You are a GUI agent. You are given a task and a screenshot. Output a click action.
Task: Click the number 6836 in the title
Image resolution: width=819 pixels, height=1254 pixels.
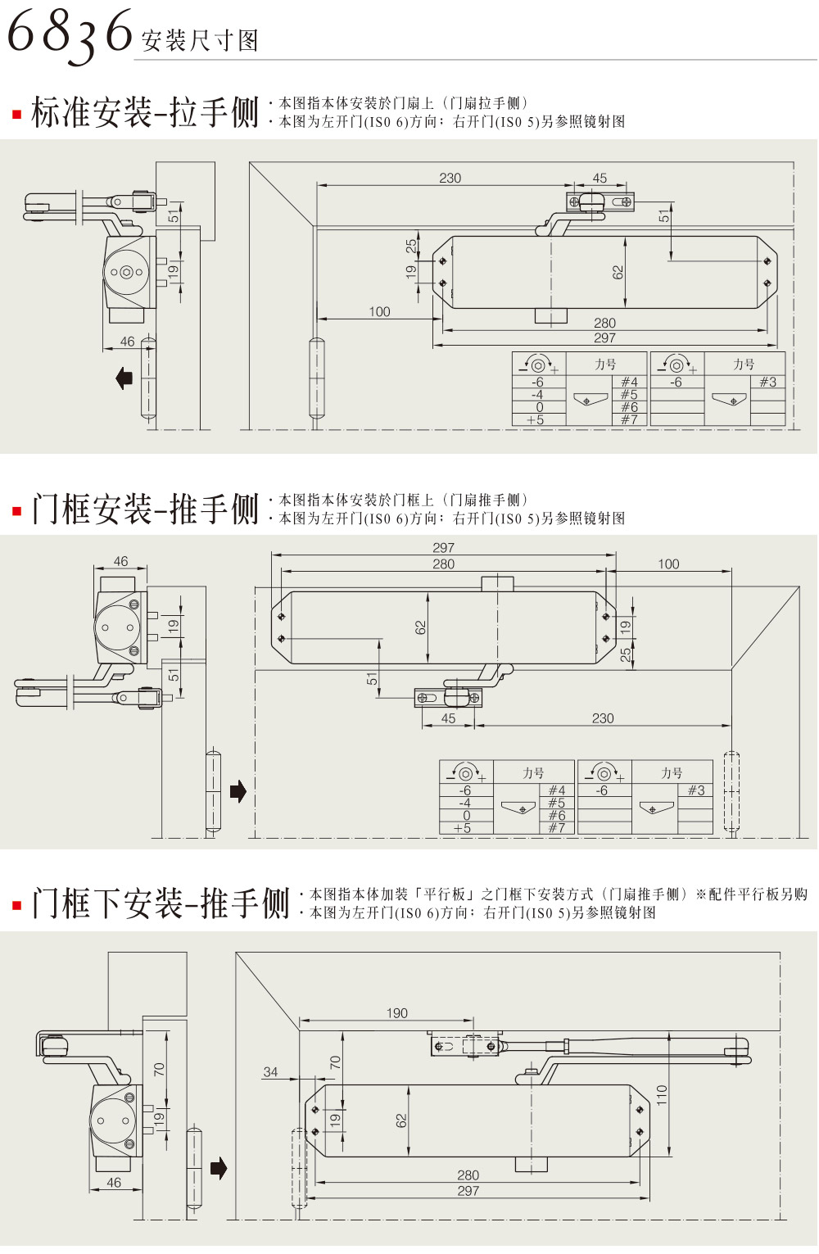point(70,33)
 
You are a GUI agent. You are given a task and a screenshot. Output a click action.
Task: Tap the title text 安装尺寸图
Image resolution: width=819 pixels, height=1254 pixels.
point(200,40)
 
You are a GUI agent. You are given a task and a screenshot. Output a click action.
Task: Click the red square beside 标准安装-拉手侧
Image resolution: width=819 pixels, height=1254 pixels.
point(16,115)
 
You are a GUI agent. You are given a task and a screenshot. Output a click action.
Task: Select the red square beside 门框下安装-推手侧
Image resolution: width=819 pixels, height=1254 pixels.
point(16,905)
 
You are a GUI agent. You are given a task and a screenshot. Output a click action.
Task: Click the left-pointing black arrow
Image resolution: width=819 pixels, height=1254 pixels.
point(124,378)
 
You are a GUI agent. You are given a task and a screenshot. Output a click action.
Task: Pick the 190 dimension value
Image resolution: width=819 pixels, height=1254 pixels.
point(397,1013)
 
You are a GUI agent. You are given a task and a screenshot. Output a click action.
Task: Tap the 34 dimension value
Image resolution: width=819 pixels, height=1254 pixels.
point(270,1071)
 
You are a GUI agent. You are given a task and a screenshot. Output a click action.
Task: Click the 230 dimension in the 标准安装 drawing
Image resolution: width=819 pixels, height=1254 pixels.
point(450,178)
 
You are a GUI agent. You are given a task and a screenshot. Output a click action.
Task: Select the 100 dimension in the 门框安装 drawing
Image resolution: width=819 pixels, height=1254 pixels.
point(668,564)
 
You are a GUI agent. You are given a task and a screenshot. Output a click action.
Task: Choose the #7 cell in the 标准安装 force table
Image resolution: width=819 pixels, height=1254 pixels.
point(629,419)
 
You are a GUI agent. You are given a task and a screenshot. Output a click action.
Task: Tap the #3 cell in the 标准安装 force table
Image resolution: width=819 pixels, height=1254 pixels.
point(767,382)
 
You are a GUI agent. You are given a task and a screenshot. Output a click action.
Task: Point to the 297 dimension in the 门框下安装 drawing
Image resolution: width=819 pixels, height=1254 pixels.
point(468,1191)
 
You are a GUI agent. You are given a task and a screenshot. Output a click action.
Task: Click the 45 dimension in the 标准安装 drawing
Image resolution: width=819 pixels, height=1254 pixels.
point(600,178)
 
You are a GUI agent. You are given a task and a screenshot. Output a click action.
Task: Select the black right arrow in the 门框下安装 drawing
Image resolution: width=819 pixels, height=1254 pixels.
point(219,1168)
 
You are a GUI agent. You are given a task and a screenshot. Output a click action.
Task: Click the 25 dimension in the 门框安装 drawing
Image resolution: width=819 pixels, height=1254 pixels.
point(626,654)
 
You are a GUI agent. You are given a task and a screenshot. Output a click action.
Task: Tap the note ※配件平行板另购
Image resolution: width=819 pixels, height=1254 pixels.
point(751,894)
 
